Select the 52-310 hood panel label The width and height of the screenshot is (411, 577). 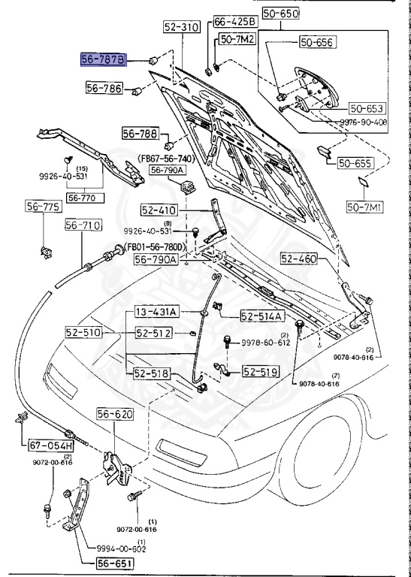(x=181, y=27)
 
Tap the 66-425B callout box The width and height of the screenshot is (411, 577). (x=235, y=21)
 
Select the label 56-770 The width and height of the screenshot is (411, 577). (x=84, y=198)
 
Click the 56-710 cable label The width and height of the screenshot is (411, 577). (x=83, y=225)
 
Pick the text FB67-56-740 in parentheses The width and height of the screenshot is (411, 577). (x=166, y=159)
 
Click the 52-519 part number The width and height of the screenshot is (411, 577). (x=261, y=371)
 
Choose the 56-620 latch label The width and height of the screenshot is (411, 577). (x=114, y=414)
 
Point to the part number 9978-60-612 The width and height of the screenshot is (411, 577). (x=265, y=342)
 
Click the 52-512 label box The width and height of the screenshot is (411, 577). (x=155, y=334)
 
